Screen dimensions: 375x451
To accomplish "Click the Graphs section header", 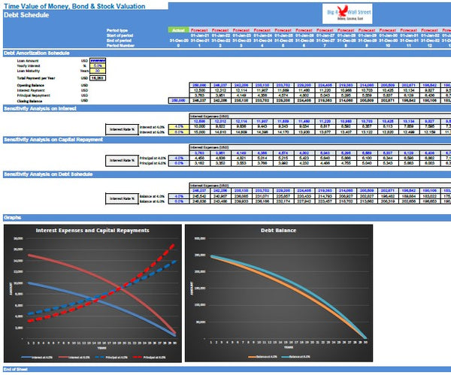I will pos(13,216).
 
